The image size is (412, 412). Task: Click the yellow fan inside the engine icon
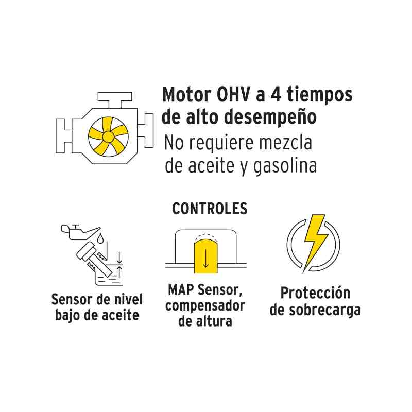(x=108, y=137)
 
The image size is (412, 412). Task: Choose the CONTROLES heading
(x=210, y=209)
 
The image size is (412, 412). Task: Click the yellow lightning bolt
(x=313, y=242)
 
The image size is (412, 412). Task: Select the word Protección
(x=315, y=293)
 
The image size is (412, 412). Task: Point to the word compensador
(x=205, y=305)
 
